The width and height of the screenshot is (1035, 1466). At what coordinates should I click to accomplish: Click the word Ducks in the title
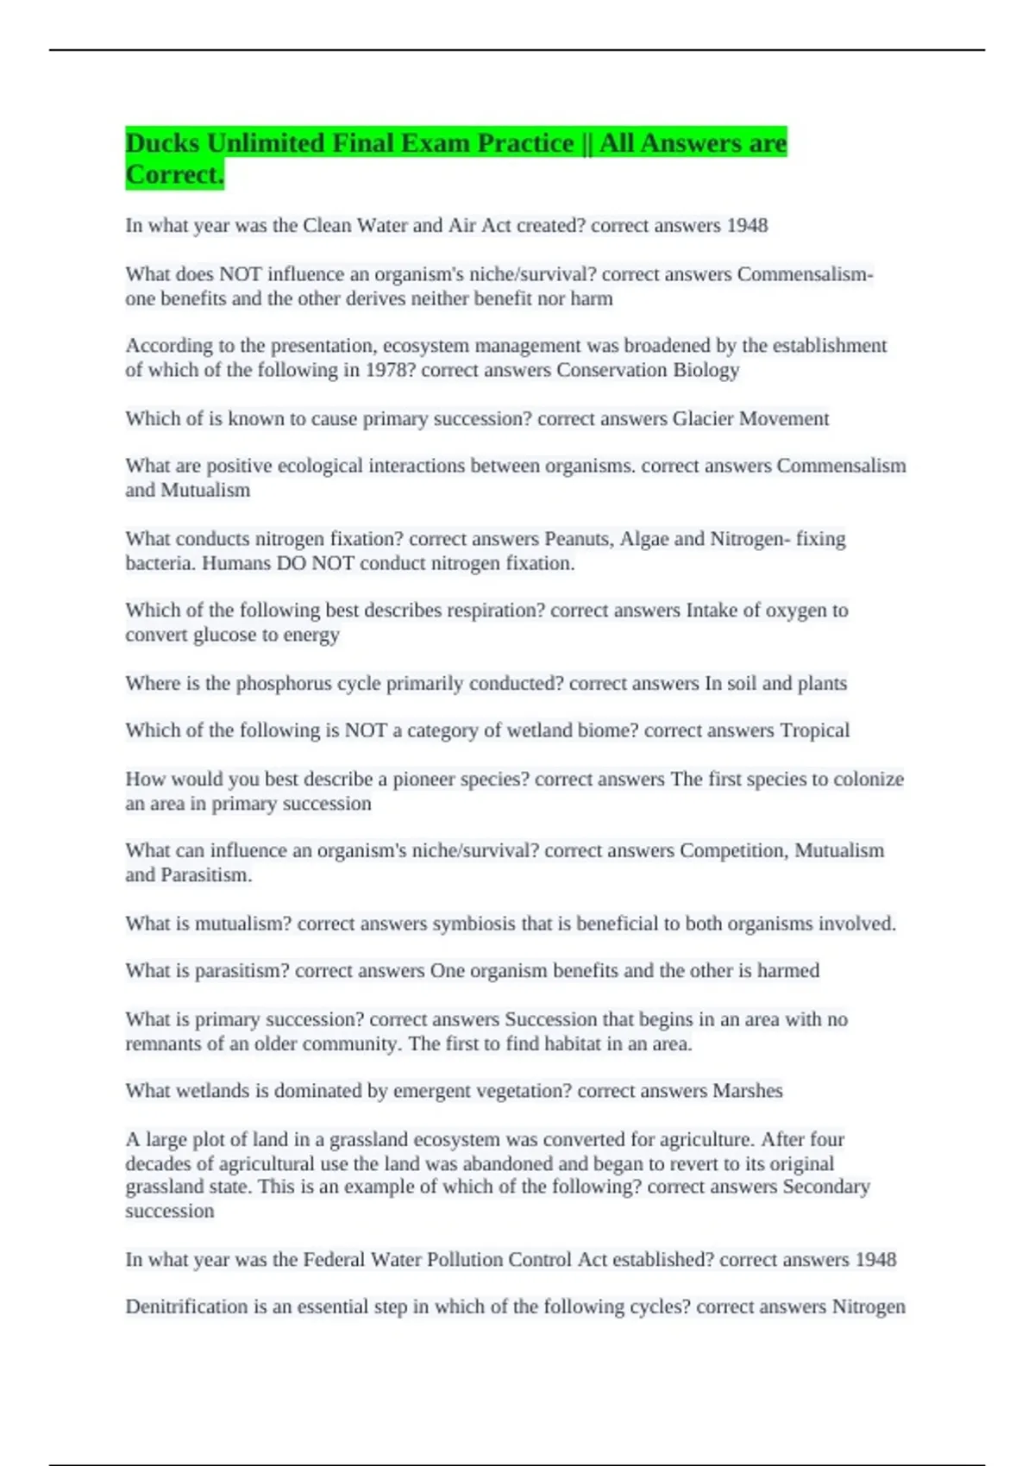[162, 143]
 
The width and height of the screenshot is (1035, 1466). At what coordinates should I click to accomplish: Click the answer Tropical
[814, 730]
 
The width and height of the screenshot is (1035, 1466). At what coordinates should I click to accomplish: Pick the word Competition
[732, 851]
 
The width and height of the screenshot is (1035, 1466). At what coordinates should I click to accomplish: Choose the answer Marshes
[747, 1091]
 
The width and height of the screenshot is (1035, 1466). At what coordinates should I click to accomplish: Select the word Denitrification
[186, 1307]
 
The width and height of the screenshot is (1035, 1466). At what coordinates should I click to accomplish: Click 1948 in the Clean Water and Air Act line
[746, 226]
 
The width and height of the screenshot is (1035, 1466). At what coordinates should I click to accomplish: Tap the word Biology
[706, 370]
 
